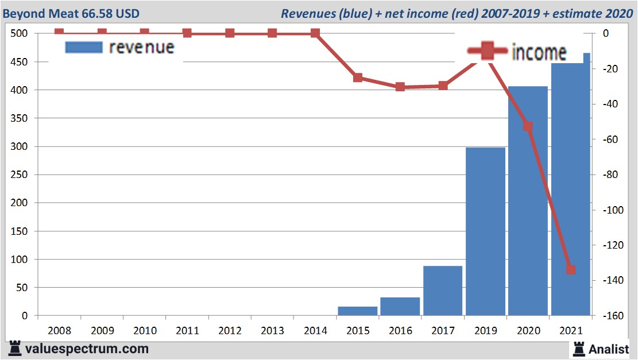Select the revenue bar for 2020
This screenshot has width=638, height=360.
point(528,201)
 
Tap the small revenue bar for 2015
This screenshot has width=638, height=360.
point(358,311)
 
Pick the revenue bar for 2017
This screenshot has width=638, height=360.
point(443,291)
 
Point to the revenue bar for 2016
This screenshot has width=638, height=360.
point(400,306)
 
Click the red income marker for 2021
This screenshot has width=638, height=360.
point(570,270)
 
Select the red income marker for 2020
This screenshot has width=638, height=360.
point(528,126)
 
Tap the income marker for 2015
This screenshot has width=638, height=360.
point(358,78)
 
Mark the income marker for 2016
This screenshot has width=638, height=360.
point(400,87)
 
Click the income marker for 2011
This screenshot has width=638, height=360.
point(187,33)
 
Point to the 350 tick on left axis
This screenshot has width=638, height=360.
point(20,118)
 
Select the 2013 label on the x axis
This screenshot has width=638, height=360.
point(273,331)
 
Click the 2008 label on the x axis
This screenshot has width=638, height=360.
point(60,331)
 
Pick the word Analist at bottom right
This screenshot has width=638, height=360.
point(608,349)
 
